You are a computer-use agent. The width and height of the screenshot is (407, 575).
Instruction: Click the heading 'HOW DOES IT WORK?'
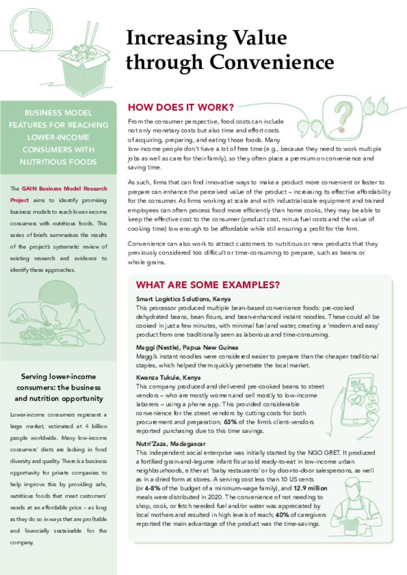click(181, 107)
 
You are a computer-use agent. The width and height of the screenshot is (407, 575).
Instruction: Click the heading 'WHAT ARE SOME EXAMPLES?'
click(208, 285)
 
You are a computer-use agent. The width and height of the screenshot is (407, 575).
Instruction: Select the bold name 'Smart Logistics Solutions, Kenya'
click(183, 299)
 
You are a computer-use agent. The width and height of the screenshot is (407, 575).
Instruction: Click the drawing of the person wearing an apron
click(355, 506)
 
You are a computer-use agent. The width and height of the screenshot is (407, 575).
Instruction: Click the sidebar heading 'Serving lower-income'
click(58, 377)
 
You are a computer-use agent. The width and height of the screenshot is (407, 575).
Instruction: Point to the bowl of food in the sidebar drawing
click(37, 335)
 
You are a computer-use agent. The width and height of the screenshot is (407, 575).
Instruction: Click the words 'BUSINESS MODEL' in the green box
click(58, 112)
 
